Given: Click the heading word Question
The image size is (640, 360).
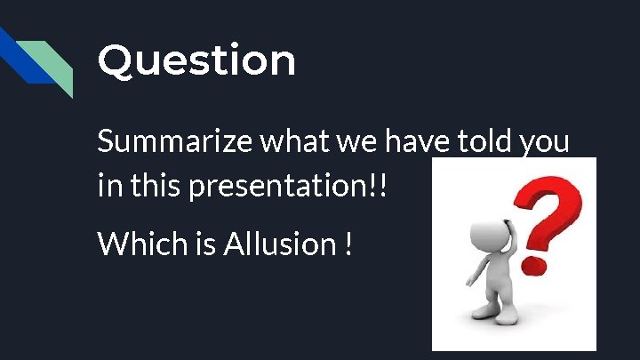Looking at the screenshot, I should click(196, 61).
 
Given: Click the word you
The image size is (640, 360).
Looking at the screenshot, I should click(543, 144).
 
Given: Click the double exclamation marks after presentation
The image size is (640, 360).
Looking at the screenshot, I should click(382, 187).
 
